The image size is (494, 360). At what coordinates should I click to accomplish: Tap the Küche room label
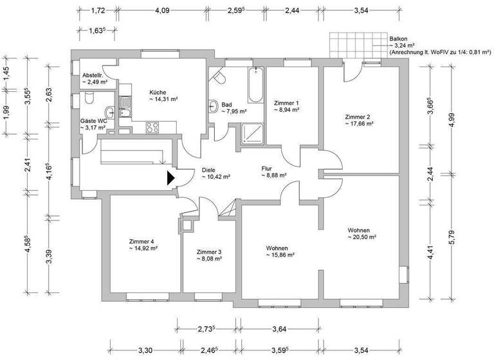(x=158, y=91)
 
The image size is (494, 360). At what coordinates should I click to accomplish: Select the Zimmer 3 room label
(x=209, y=251)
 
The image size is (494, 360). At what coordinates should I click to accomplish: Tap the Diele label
(x=209, y=170)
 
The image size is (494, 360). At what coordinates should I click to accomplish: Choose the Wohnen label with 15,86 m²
(x=280, y=255)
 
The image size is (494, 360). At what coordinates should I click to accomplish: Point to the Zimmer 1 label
(x=286, y=102)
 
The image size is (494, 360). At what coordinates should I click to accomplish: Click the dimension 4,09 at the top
(x=163, y=10)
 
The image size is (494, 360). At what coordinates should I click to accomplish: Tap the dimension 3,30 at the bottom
(x=145, y=350)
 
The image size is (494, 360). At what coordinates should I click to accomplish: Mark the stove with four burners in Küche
(x=153, y=127)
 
